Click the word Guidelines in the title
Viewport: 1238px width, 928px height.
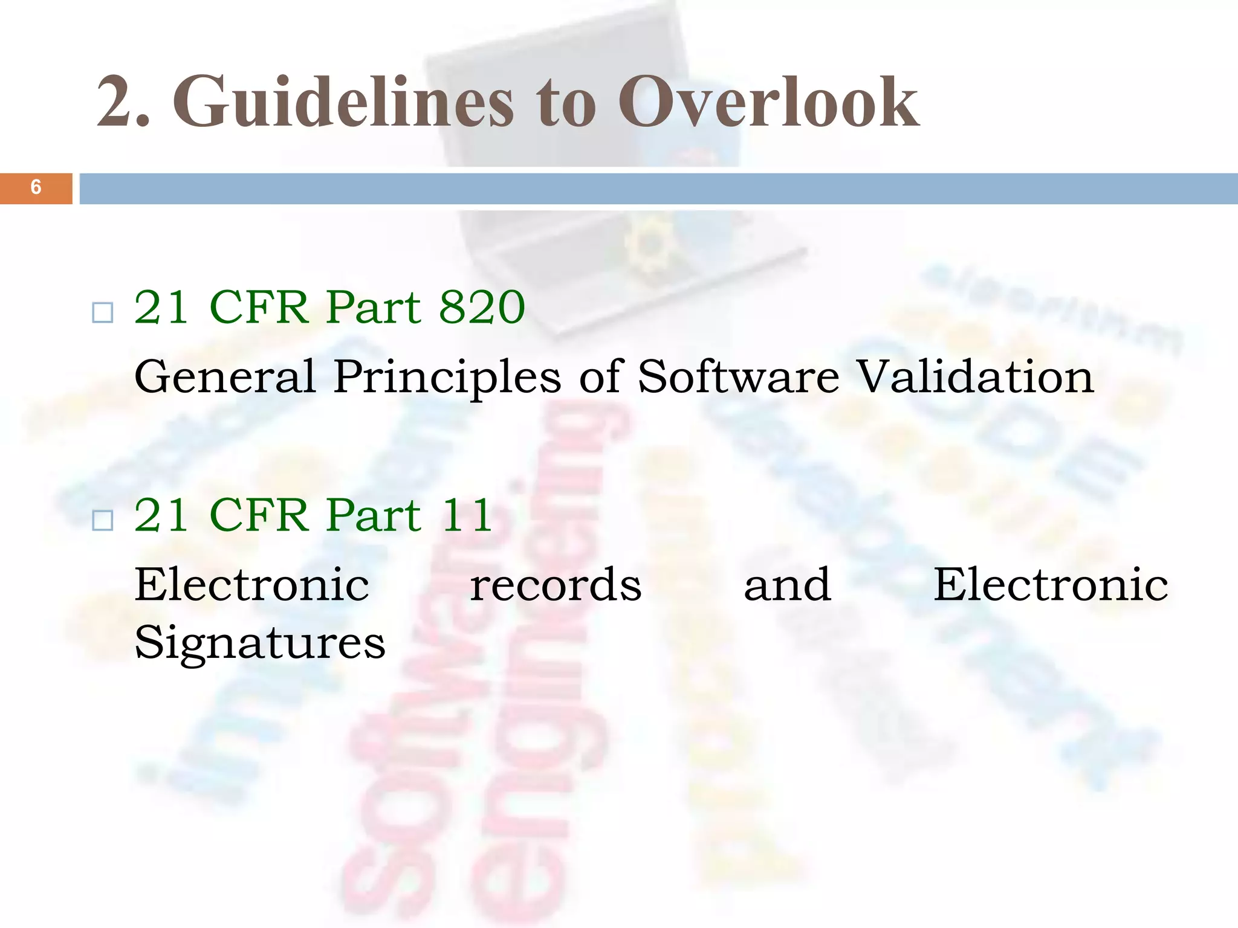point(343,101)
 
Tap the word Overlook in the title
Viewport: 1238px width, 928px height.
point(768,101)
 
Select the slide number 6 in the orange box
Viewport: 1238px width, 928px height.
point(36,187)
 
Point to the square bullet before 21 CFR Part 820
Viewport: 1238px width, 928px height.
point(103,312)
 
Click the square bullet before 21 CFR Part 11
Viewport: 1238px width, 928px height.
point(103,520)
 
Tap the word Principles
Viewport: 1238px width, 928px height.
point(447,376)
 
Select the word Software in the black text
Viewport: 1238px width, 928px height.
point(739,376)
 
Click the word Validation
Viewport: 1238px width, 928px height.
point(976,376)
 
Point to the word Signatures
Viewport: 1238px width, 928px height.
point(260,643)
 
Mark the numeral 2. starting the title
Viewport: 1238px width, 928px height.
point(123,101)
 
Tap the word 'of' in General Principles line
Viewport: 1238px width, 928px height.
point(600,376)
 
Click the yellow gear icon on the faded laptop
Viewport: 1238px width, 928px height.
point(650,245)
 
